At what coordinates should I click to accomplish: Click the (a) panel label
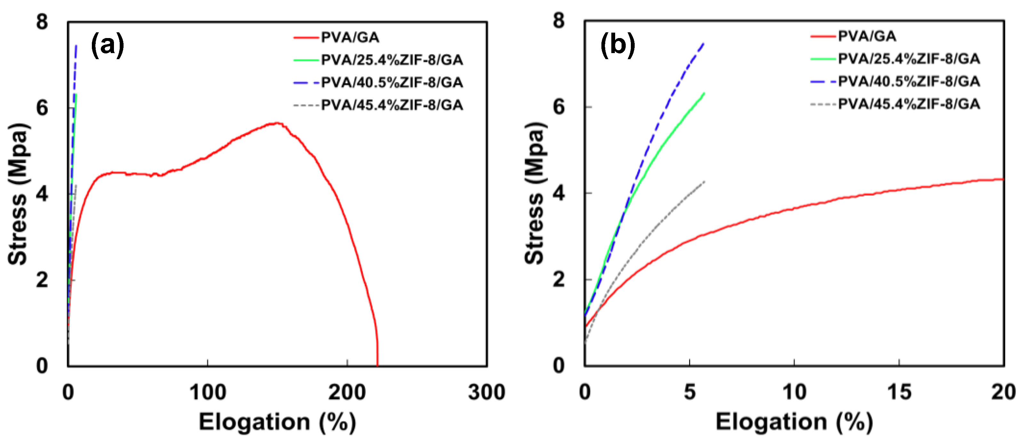pos(108,45)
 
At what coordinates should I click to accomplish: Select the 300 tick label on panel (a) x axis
pos(486,393)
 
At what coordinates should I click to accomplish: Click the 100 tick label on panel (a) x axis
pos(207,393)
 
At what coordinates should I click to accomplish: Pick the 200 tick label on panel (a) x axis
pos(347,393)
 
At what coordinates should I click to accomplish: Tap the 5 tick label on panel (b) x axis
pos(690,393)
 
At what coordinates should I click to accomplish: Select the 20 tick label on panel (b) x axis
pos(1003,393)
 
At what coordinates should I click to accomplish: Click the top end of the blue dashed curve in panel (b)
pos(703,43)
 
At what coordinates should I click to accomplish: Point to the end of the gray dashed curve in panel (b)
pos(704,182)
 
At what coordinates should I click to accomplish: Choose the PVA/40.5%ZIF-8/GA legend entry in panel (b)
pos(908,82)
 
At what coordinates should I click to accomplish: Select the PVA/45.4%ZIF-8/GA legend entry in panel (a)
pos(391,105)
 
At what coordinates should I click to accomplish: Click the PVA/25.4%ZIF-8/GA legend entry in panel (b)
pos(908,59)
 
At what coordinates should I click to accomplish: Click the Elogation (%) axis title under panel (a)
pos(277,422)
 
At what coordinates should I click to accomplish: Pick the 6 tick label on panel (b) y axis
pos(559,107)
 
